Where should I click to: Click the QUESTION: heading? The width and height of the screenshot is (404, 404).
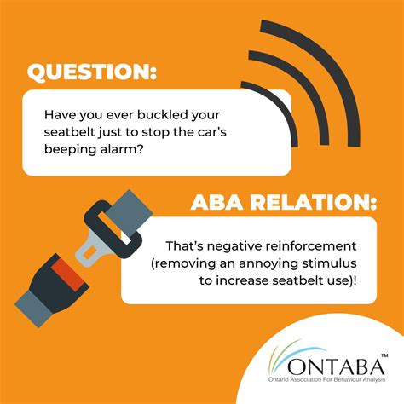pos(92,71)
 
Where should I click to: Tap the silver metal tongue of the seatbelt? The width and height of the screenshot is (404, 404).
pos(92,248)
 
